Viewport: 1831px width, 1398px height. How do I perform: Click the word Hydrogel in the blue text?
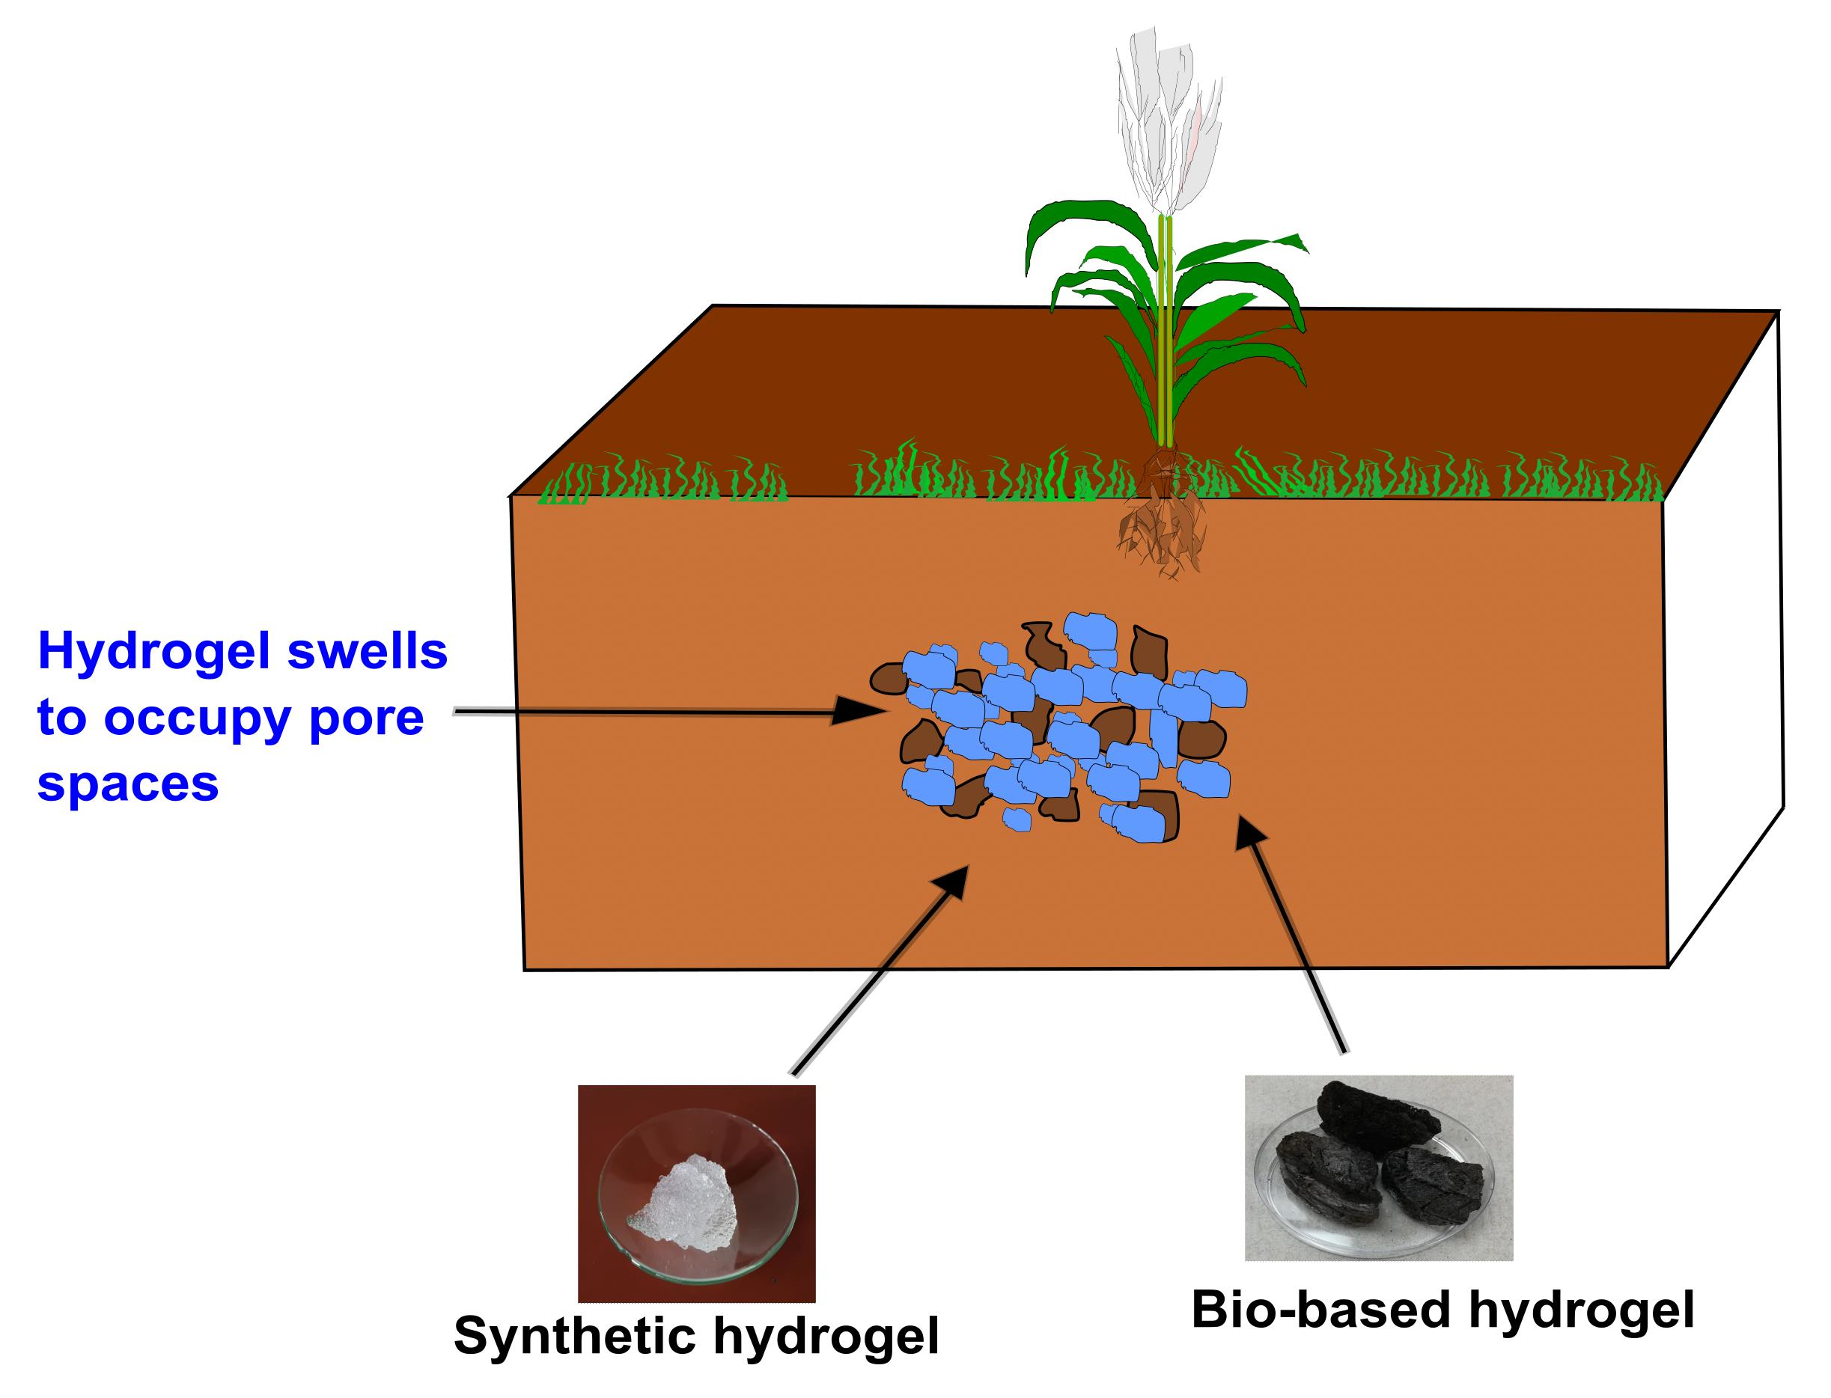tap(154, 653)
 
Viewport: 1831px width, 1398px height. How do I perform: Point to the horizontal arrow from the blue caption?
tap(665, 712)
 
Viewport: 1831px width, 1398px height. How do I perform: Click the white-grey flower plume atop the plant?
tap(1166, 125)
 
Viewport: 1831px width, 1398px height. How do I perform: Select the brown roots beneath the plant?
tap(1161, 533)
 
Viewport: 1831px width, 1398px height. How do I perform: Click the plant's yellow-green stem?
tap(1166, 333)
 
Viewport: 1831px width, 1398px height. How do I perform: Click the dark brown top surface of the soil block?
tap(832, 391)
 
